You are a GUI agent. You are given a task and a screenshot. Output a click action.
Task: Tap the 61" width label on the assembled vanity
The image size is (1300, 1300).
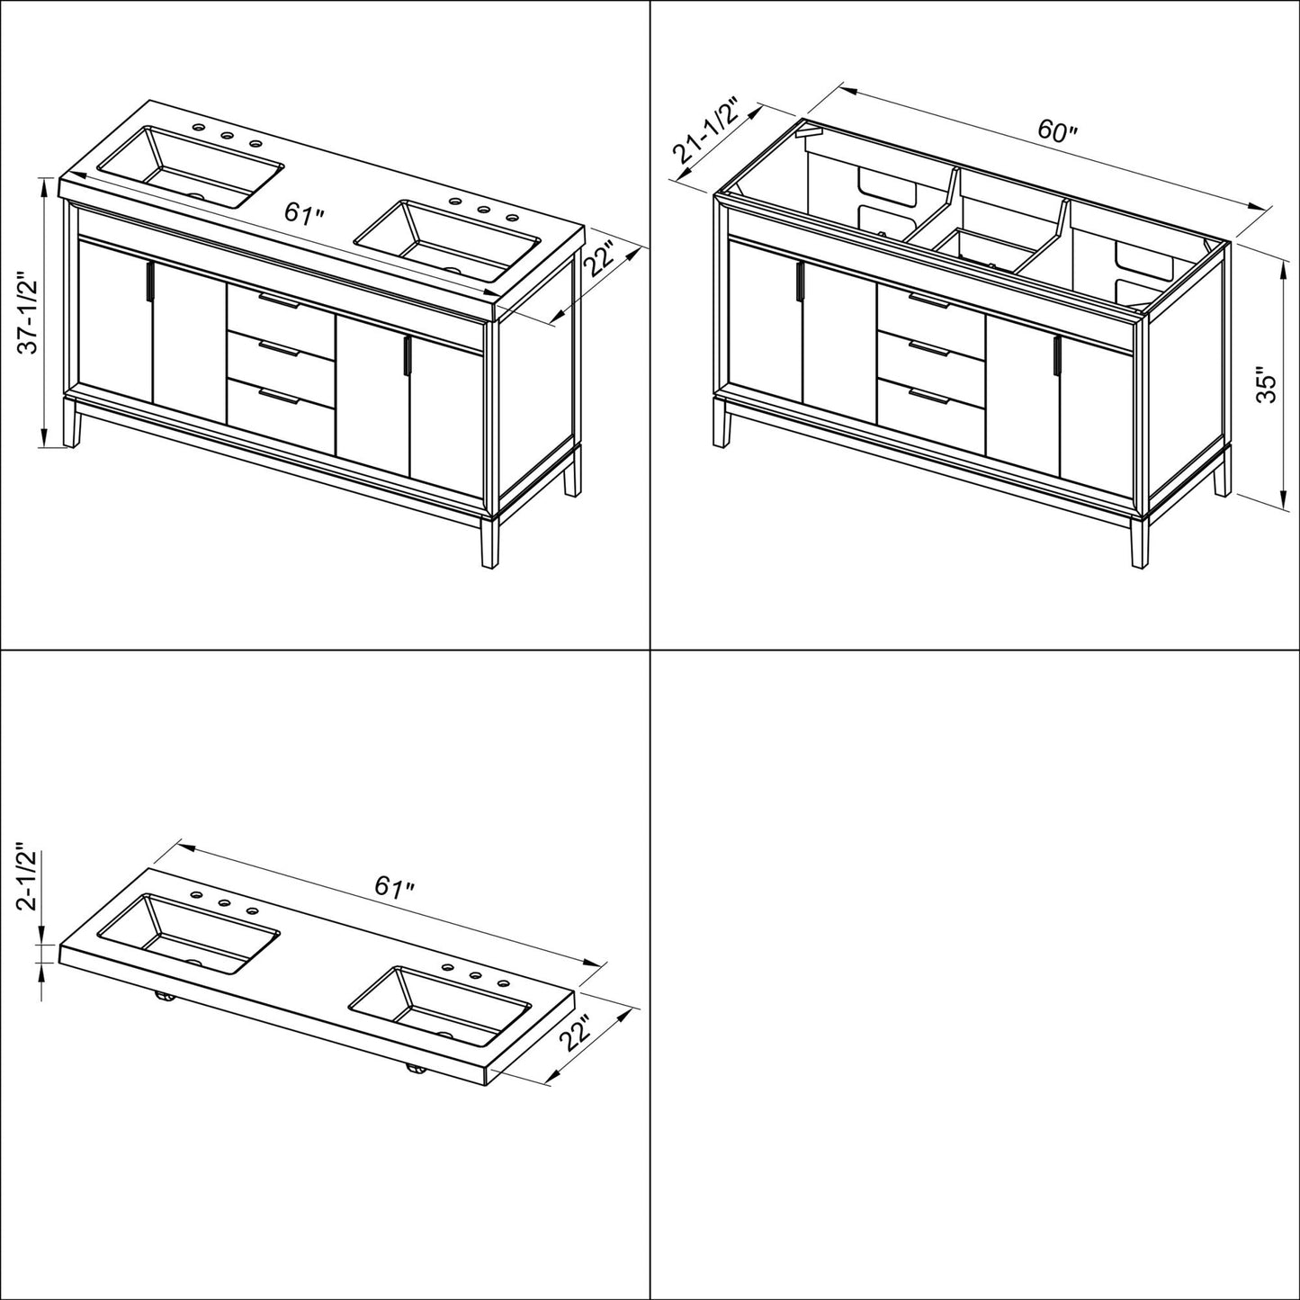(x=304, y=214)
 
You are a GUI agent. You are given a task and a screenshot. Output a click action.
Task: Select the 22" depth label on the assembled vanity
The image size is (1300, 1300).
(x=600, y=261)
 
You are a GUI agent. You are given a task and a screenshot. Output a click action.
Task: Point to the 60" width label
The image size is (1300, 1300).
(x=1056, y=131)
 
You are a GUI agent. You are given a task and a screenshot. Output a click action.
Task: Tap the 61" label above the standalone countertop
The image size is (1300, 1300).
(x=394, y=886)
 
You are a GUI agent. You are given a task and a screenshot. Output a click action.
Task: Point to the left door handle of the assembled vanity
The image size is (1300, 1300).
(x=148, y=282)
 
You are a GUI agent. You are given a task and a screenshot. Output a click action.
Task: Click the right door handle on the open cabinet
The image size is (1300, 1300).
(x=1054, y=357)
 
